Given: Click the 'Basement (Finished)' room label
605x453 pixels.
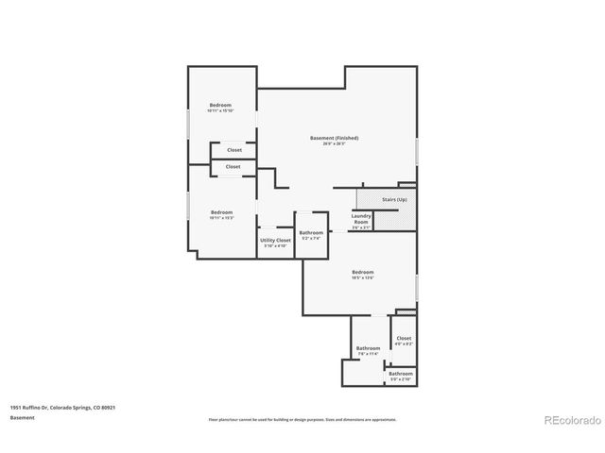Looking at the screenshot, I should tap(335, 138).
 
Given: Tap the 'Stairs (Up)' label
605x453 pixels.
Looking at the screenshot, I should tap(394, 200).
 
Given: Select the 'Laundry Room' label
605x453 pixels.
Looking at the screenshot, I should tap(360, 219).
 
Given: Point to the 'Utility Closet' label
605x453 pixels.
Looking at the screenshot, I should tap(276, 241).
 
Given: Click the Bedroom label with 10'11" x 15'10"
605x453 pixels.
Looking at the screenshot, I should tap(220, 105).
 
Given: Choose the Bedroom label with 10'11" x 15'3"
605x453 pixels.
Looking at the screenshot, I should tap(221, 212).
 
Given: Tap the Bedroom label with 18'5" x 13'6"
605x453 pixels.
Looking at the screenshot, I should tap(363, 272).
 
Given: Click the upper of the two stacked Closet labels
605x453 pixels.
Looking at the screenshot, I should tap(233, 150).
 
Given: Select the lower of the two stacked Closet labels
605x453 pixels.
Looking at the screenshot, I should tap(233, 167).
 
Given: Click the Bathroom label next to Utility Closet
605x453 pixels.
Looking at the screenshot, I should tap(311, 233).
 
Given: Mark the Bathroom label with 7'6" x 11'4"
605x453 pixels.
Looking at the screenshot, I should tap(368, 348).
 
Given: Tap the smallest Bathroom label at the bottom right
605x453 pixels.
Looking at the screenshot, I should tap(400, 374).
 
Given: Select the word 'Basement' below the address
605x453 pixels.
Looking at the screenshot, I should tap(24, 418).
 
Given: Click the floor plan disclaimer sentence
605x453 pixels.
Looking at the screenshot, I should tap(302, 419).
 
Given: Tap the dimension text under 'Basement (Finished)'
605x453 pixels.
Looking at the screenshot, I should tap(335, 143).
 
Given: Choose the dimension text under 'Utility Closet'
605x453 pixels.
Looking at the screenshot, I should tap(276, 246).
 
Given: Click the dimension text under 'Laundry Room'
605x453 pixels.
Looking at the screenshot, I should tap(361, 227).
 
